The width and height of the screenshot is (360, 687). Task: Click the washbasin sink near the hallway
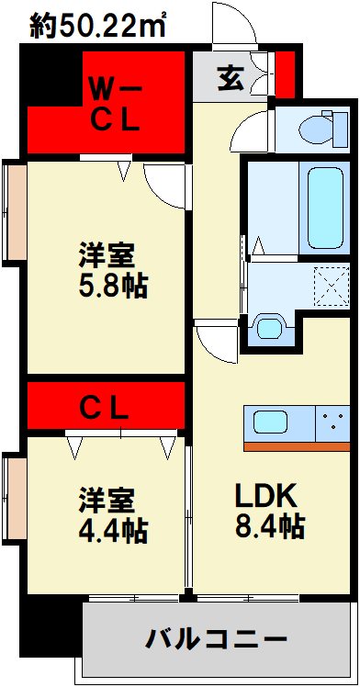268,328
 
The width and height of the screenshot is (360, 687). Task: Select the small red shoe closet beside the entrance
287,75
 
